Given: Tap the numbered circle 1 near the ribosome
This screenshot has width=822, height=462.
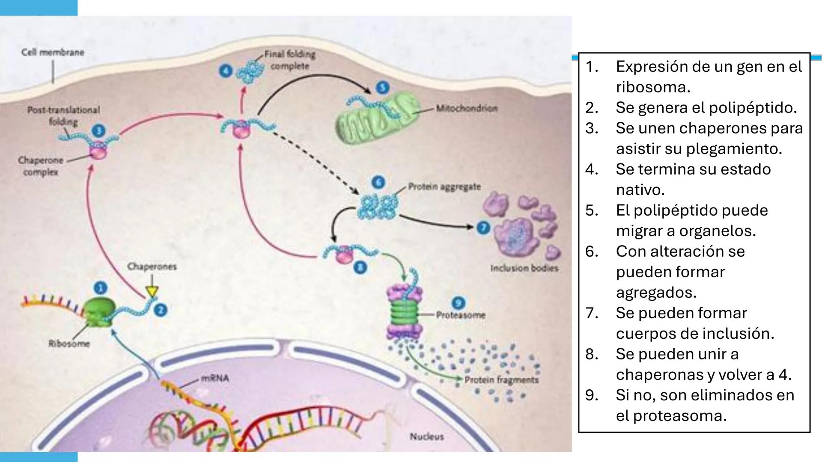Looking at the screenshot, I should [x=100, y=288].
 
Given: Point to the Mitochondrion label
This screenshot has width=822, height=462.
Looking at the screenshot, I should [x=467, y=108].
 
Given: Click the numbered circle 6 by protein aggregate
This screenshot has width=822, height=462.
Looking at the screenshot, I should [x=378, y=183].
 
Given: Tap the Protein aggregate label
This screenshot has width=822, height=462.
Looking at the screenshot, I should [x=444, y=187].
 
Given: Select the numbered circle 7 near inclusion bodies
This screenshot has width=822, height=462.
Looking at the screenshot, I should [x=483, y=228].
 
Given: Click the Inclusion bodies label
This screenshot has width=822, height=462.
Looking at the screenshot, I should [x=524, y=268].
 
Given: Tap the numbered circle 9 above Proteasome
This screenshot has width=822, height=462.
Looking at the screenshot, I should [x=459, y=303].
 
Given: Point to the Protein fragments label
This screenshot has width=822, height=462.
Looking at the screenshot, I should [x=501, y=380].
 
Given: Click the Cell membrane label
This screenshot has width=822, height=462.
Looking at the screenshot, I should [x=53, y=52].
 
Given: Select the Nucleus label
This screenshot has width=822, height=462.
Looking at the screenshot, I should [x=426, y=437].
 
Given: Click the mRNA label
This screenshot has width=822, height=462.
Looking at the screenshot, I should [x=215, y=378].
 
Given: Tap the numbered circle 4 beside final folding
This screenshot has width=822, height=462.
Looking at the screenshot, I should [x=226, y=71].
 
